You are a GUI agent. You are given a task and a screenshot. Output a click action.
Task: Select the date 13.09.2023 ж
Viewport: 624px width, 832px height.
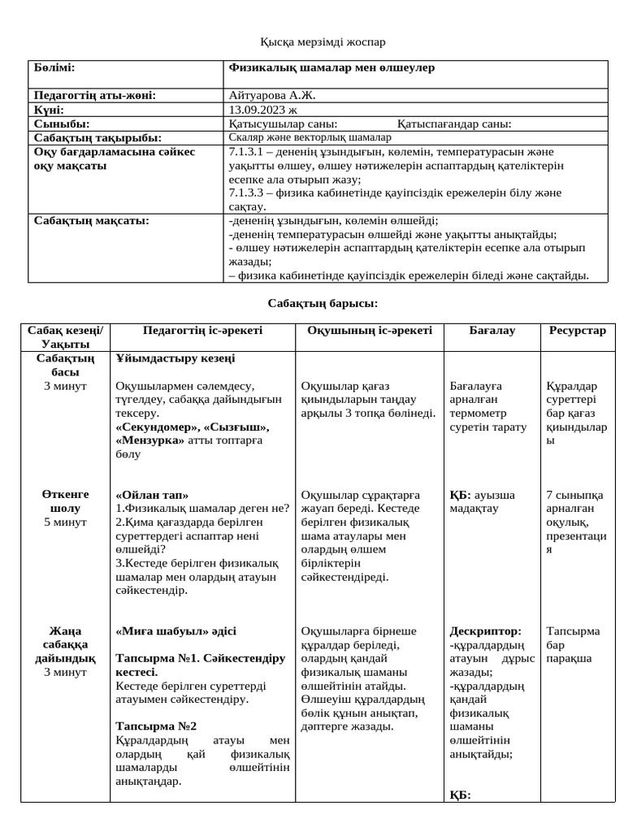tap(264, 110)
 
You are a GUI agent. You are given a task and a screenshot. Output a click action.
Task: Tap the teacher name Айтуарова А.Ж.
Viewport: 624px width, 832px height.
tap(273, 95)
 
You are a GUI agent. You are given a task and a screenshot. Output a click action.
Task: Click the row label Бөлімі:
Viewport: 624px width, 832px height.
tap(54, 68)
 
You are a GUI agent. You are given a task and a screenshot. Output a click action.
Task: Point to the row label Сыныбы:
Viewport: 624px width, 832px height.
tap(62, 124)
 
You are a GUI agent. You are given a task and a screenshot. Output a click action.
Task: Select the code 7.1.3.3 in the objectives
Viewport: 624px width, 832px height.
tap(249, 193)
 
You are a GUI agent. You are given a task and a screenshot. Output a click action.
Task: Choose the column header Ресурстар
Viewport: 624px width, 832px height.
tap(578, 331)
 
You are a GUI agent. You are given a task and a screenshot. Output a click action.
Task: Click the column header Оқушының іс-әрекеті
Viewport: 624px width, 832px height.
tap(370, 331)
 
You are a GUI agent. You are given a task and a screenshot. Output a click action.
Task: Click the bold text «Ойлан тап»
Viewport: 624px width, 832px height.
tap(153, 495)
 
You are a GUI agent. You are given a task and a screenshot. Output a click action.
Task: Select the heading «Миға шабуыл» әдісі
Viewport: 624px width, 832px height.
tap(176, 630)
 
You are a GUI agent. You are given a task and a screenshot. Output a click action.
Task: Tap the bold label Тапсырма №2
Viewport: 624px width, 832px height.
tap(157, 726)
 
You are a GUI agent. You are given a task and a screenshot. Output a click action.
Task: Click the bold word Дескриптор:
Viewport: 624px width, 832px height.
tap(486, 630)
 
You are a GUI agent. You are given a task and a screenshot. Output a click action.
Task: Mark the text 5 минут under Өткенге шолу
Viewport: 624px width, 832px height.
tap(65, 522)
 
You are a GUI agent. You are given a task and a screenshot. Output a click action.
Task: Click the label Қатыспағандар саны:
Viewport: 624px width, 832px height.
tap(454, 124)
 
